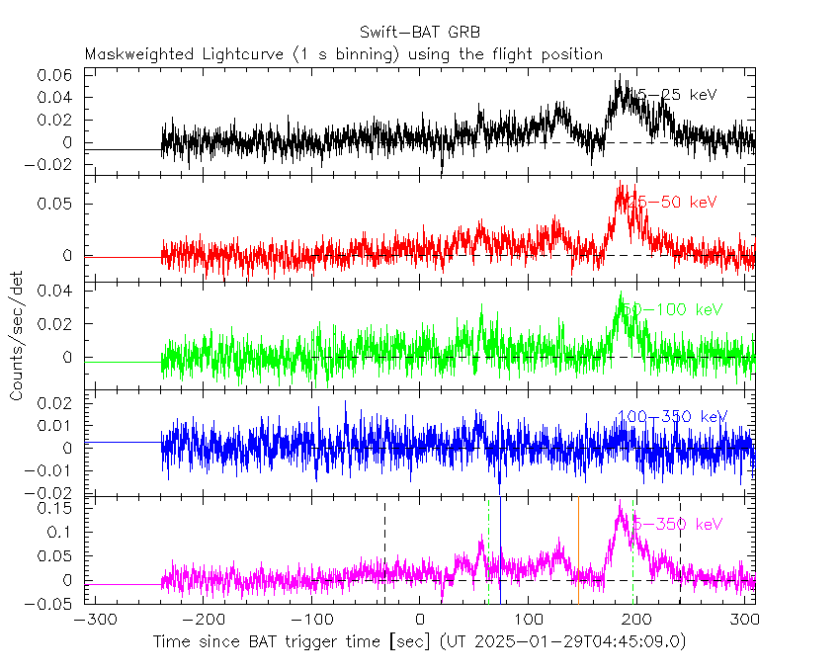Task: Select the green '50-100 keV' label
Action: pyautogui.click(x=676, y=309)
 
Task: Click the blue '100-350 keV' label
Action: pyautogui.click(x=671, y=416)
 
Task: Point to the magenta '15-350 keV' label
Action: pyautogui.click(x=676, y=524)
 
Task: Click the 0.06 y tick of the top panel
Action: pyautogui.click(x=56, y=75)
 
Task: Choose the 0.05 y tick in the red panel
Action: pyautogui.click(x=61, y=204)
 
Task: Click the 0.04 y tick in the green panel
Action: pyautogui.click(x=56, y=290)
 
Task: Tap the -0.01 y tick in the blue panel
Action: pyautogui.click(x=52, y=470)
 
